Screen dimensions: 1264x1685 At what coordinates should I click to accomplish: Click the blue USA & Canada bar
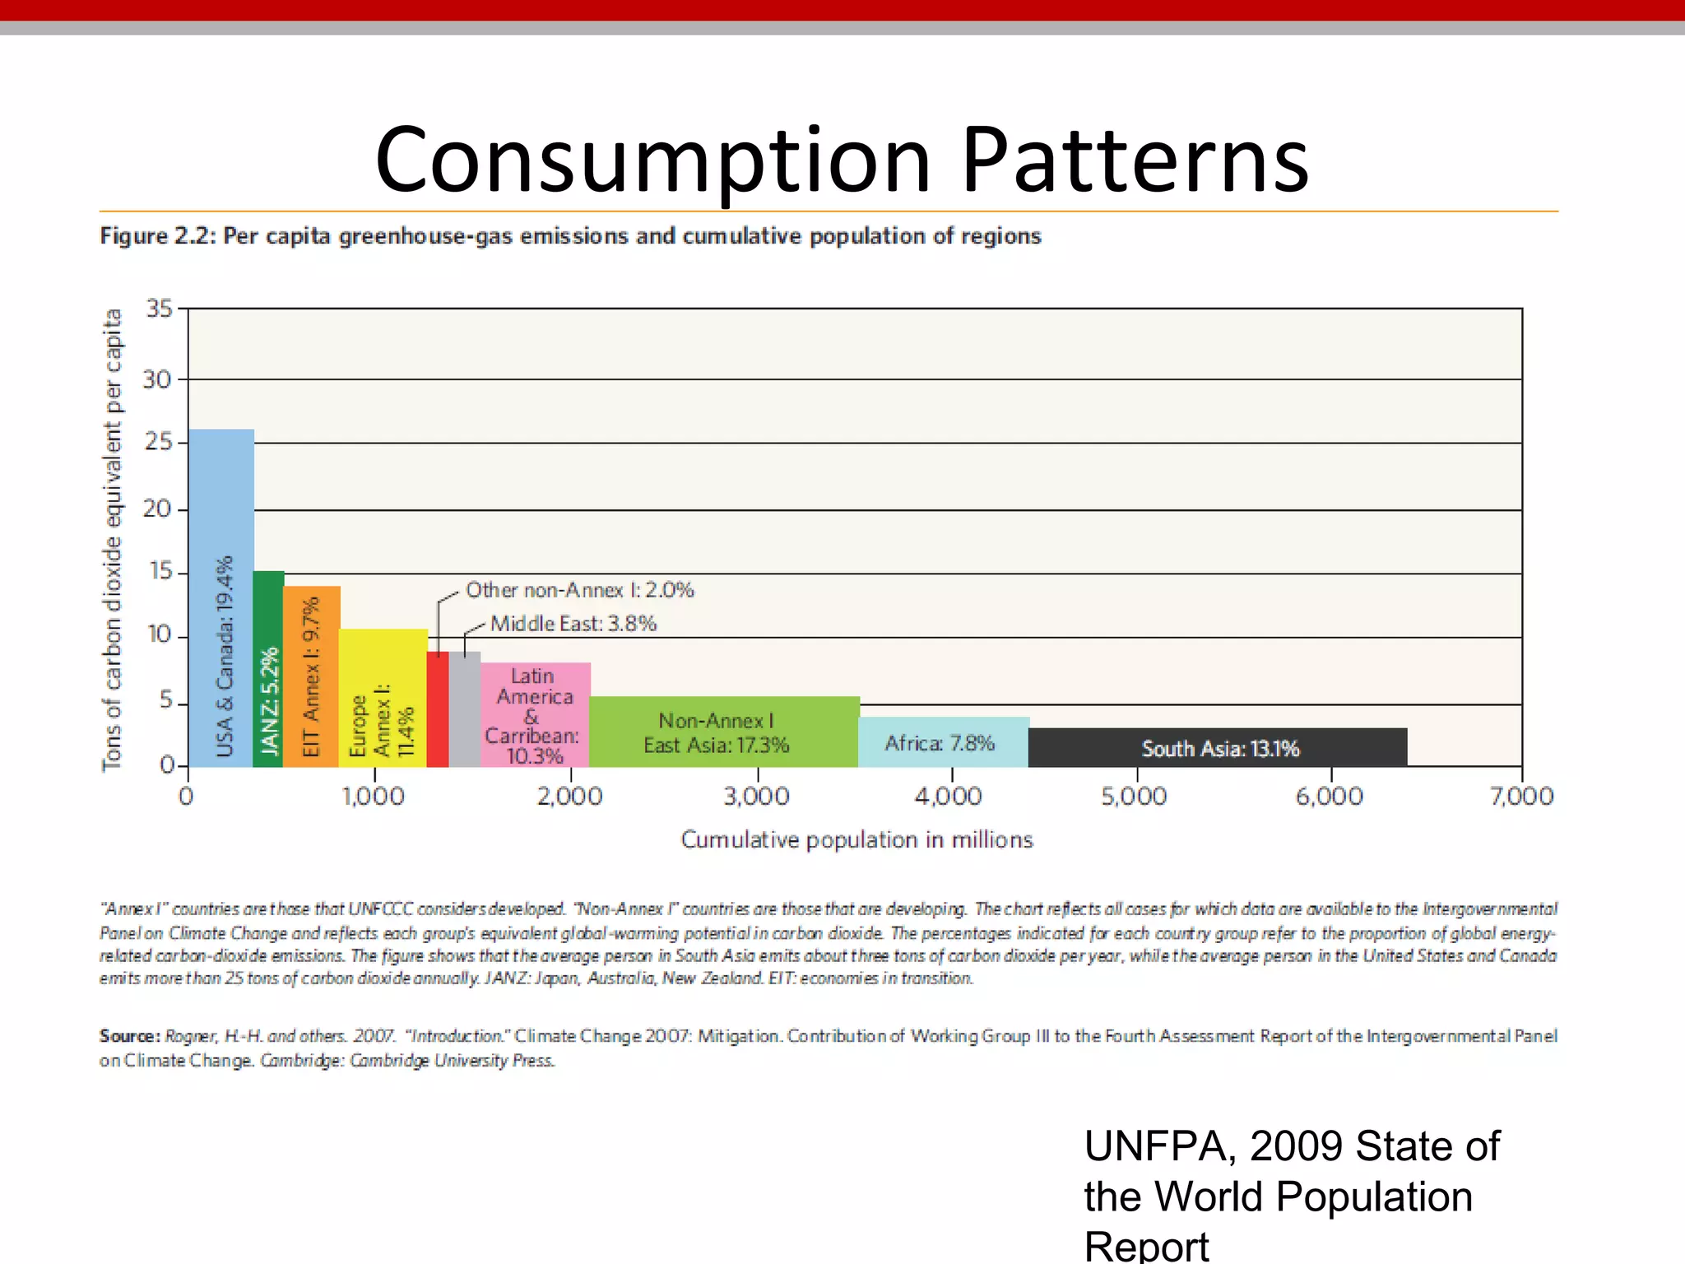[x=220, y=598]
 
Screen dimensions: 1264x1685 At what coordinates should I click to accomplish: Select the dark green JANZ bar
[x=268, y=668]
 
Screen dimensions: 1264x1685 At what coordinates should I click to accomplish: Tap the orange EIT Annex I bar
[x=311, y=676]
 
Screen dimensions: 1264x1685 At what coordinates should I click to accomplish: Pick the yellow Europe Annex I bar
[x=383, y=698]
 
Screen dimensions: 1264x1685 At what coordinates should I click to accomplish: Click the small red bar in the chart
[x=438, y=709]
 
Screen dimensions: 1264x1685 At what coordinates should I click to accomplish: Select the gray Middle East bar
[x=465, y=709]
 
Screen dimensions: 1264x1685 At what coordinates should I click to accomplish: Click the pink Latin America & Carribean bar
[x=535, y=714]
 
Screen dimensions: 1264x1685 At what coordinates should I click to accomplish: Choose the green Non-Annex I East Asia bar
[x=724, y=732]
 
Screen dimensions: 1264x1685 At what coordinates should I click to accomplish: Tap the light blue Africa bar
[x=943, y=742]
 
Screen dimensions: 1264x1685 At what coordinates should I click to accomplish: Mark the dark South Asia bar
[x=1218, y=748]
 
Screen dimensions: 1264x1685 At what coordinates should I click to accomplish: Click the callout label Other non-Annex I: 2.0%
[x=579, y=590]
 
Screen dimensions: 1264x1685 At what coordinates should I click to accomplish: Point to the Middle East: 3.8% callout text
[x=573, y=624]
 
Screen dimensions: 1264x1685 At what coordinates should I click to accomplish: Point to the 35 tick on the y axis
[x=159, y=309]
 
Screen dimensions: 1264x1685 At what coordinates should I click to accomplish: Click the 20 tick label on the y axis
[x=157, y=509]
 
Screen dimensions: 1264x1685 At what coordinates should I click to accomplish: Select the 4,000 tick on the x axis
[x=949, y=796]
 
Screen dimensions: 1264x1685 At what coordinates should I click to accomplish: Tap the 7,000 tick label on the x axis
[x=1521, y=796]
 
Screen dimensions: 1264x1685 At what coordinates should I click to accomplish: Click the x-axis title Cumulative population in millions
[x=856, y=839]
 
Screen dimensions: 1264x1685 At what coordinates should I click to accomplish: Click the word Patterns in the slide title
[x=1135, y=160]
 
